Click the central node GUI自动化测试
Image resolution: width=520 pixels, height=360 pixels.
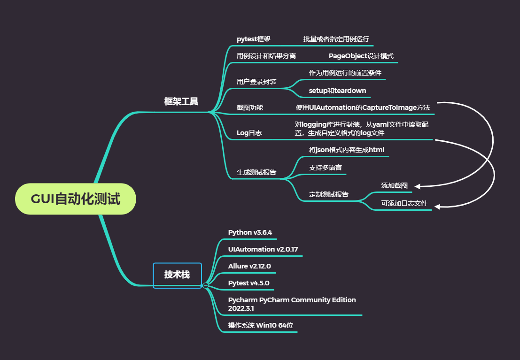[x=76, y=199]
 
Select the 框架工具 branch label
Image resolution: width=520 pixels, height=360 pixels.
[x=181, y=101]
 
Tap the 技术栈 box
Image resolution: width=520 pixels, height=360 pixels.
[x=177, y=275]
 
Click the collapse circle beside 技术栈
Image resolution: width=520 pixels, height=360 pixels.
[x=205, y=285]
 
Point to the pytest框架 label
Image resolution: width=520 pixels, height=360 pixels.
[x=254, y=39]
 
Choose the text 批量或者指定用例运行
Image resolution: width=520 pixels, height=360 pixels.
[x=336, y=39]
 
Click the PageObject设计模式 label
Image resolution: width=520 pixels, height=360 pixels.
[x=361, y=56]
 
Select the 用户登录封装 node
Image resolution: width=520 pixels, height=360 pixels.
[x=256, y=82]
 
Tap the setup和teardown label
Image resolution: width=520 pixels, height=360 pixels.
[x=337, y=91]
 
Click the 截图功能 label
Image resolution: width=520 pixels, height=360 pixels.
[x=250, y=107]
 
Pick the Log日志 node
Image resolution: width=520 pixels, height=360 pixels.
[x=249, y=133]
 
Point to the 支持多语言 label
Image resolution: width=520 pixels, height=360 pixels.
[x=325, y=168]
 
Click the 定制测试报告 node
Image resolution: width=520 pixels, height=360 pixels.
[x=329, y=194]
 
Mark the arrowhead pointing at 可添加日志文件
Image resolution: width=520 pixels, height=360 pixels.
[x=436, y=206]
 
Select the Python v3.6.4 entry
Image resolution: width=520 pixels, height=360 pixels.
[x=250, y=232]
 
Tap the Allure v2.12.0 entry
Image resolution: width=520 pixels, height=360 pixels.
[x=249, y=266]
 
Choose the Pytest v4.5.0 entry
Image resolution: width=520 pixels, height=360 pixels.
[x=248, y=283]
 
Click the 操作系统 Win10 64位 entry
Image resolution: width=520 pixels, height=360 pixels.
[x=262, y=325]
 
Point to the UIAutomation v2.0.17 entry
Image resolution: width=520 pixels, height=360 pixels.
[x=263, y=249]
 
